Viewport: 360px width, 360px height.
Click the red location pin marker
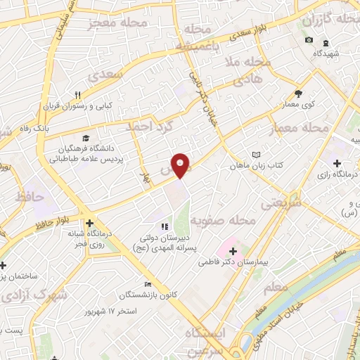(x=181, y=165)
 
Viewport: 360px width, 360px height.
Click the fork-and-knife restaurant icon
(x=79, y=96)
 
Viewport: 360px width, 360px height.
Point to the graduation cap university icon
(x=86, y=139)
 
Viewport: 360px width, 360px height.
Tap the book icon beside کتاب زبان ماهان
(x=256, y=155)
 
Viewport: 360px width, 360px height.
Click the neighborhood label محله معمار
(x=299, y=129)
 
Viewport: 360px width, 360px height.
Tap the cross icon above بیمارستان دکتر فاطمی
(x=233, y=250)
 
